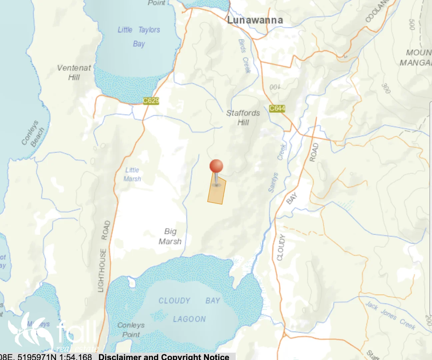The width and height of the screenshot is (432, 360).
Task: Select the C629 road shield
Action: (x=151, y=101)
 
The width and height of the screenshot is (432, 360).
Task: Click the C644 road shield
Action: (x=277, y=108)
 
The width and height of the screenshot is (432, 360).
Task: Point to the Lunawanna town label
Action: (x=255, y=20)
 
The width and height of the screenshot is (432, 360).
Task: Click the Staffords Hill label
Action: (x=243, y=118)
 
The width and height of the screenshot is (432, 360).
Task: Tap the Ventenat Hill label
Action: (x=74, y=72)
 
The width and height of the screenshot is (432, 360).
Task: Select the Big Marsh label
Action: (x=170, y=236)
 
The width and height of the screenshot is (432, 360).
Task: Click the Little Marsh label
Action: (x=132, y=174)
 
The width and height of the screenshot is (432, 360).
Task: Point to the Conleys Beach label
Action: (x=33, y=133)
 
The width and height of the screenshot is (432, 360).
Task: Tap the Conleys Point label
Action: (x=131, y=330)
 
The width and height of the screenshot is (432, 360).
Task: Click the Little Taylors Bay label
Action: (x=139, y=36)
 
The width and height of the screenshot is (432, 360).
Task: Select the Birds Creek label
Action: (x=244, y=56)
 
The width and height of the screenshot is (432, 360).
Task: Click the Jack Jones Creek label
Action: (x=390, y=315)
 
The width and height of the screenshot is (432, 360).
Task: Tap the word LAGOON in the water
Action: (x=189, y=319)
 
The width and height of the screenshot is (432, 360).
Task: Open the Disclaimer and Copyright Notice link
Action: (x=164, y=356)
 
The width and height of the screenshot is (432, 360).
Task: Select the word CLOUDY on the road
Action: (x=281, y=247)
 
